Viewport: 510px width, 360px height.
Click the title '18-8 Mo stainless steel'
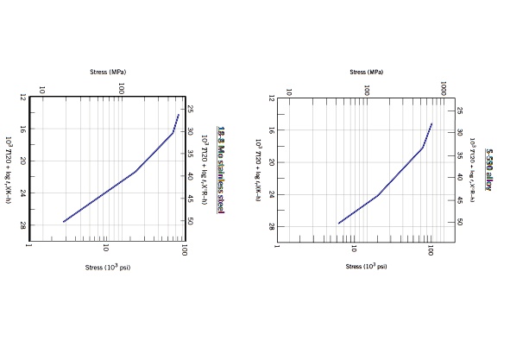click(x=221, y=169)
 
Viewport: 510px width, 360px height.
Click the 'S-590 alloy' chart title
click(x=488, y=168)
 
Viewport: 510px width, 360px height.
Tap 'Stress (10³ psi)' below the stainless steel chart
click(x=107, y=267)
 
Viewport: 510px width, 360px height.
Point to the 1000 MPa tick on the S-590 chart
click(x=444, y=89)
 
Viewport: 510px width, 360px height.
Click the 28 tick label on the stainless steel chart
click(x=22, y=225)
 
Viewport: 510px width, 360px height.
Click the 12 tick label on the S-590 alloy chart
click(x=270, y=98)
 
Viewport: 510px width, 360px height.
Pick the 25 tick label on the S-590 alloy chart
click(x=459, y=111)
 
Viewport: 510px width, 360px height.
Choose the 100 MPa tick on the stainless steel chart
click(x=122, y=88)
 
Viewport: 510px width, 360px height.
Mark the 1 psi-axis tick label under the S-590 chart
click(x=277, y=247)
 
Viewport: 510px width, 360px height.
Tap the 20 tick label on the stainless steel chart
click(x=22, y=161)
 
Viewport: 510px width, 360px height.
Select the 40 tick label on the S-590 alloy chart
click(x=459, y=178)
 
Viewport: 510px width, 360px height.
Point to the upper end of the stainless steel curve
click(x=179, y=114)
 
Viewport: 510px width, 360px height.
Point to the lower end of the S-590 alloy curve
click(x=338, y=224)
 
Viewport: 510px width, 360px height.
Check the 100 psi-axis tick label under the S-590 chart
click(x=430, y=249)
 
